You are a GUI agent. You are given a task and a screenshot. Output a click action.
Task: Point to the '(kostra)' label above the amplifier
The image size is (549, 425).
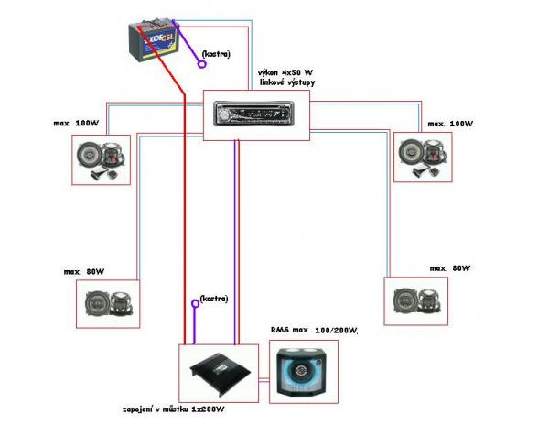[212, 300]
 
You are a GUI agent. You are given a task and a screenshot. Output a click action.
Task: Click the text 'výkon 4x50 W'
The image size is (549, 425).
[285, 71]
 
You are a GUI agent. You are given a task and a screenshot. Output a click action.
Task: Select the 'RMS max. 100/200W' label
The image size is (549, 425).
[314, 330]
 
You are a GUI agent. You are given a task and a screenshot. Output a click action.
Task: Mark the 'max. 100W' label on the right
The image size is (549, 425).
[447, 122]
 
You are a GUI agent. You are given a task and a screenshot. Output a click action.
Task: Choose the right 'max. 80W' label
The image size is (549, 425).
[449, 268]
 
